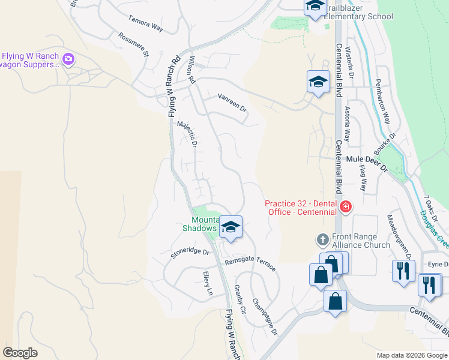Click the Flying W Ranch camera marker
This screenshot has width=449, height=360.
(68, 58)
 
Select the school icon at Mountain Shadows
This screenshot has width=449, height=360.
(231, 227)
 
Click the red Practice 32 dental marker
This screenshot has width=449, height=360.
(345, 208)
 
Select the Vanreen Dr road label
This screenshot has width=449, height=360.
(232, 102)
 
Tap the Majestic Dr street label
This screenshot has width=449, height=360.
(187, 134)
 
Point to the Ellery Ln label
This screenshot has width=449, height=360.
(208, 284)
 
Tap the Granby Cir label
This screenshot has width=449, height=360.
(240, 300)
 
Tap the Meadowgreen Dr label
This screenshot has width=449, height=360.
(400, 236)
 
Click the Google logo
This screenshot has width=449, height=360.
(20, 352)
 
